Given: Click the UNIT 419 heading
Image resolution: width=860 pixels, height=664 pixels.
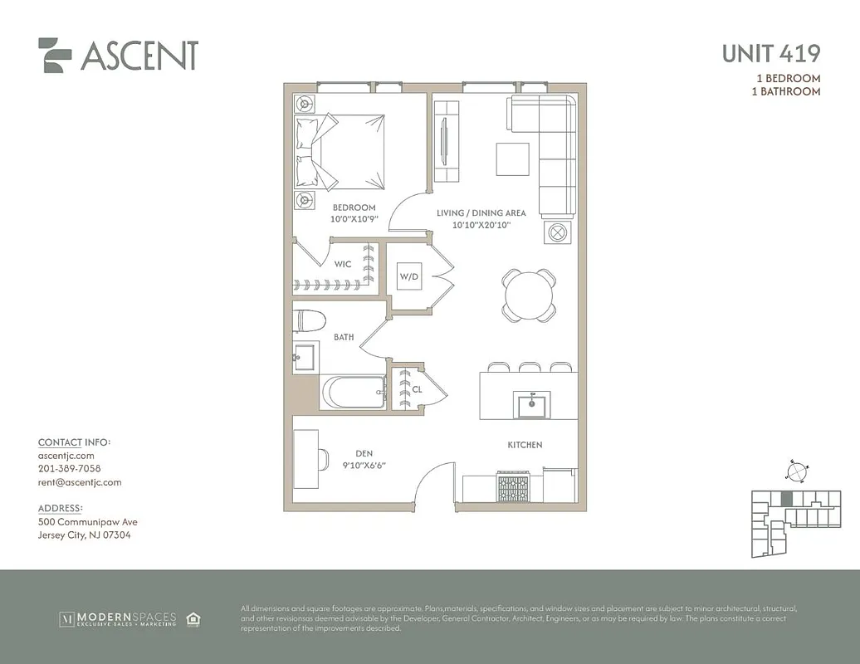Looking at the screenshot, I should (770, 53).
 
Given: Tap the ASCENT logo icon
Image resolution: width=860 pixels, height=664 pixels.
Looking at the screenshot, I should (56, 55).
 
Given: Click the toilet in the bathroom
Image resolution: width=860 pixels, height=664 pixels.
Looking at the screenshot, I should (308, 320).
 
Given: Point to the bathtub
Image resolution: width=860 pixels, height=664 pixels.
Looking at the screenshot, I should (354, 392).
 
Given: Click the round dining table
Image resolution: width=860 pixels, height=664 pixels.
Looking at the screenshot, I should (529, 294).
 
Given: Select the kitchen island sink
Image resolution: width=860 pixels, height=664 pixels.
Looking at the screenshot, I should (531, 405).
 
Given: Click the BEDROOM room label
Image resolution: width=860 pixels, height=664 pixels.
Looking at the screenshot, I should (354, 207).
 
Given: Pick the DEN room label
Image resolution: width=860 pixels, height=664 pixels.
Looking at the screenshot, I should (364, 453).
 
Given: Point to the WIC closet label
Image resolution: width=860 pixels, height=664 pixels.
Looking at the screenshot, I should (343, 264).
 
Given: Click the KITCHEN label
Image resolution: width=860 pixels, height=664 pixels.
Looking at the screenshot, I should (525, 445).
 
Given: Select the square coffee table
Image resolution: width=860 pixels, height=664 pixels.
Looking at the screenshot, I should (512, 159).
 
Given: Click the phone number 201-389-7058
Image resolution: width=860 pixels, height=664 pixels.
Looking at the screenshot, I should (69, 469).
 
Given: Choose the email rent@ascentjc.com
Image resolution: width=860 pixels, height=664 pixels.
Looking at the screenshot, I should (80, 482).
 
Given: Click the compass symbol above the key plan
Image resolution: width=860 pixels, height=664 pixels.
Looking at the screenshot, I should (795, 471).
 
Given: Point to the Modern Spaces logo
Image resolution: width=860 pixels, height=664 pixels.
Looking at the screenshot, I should (118, 618).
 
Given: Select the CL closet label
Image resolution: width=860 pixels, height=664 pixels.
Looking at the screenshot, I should (417, 388).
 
